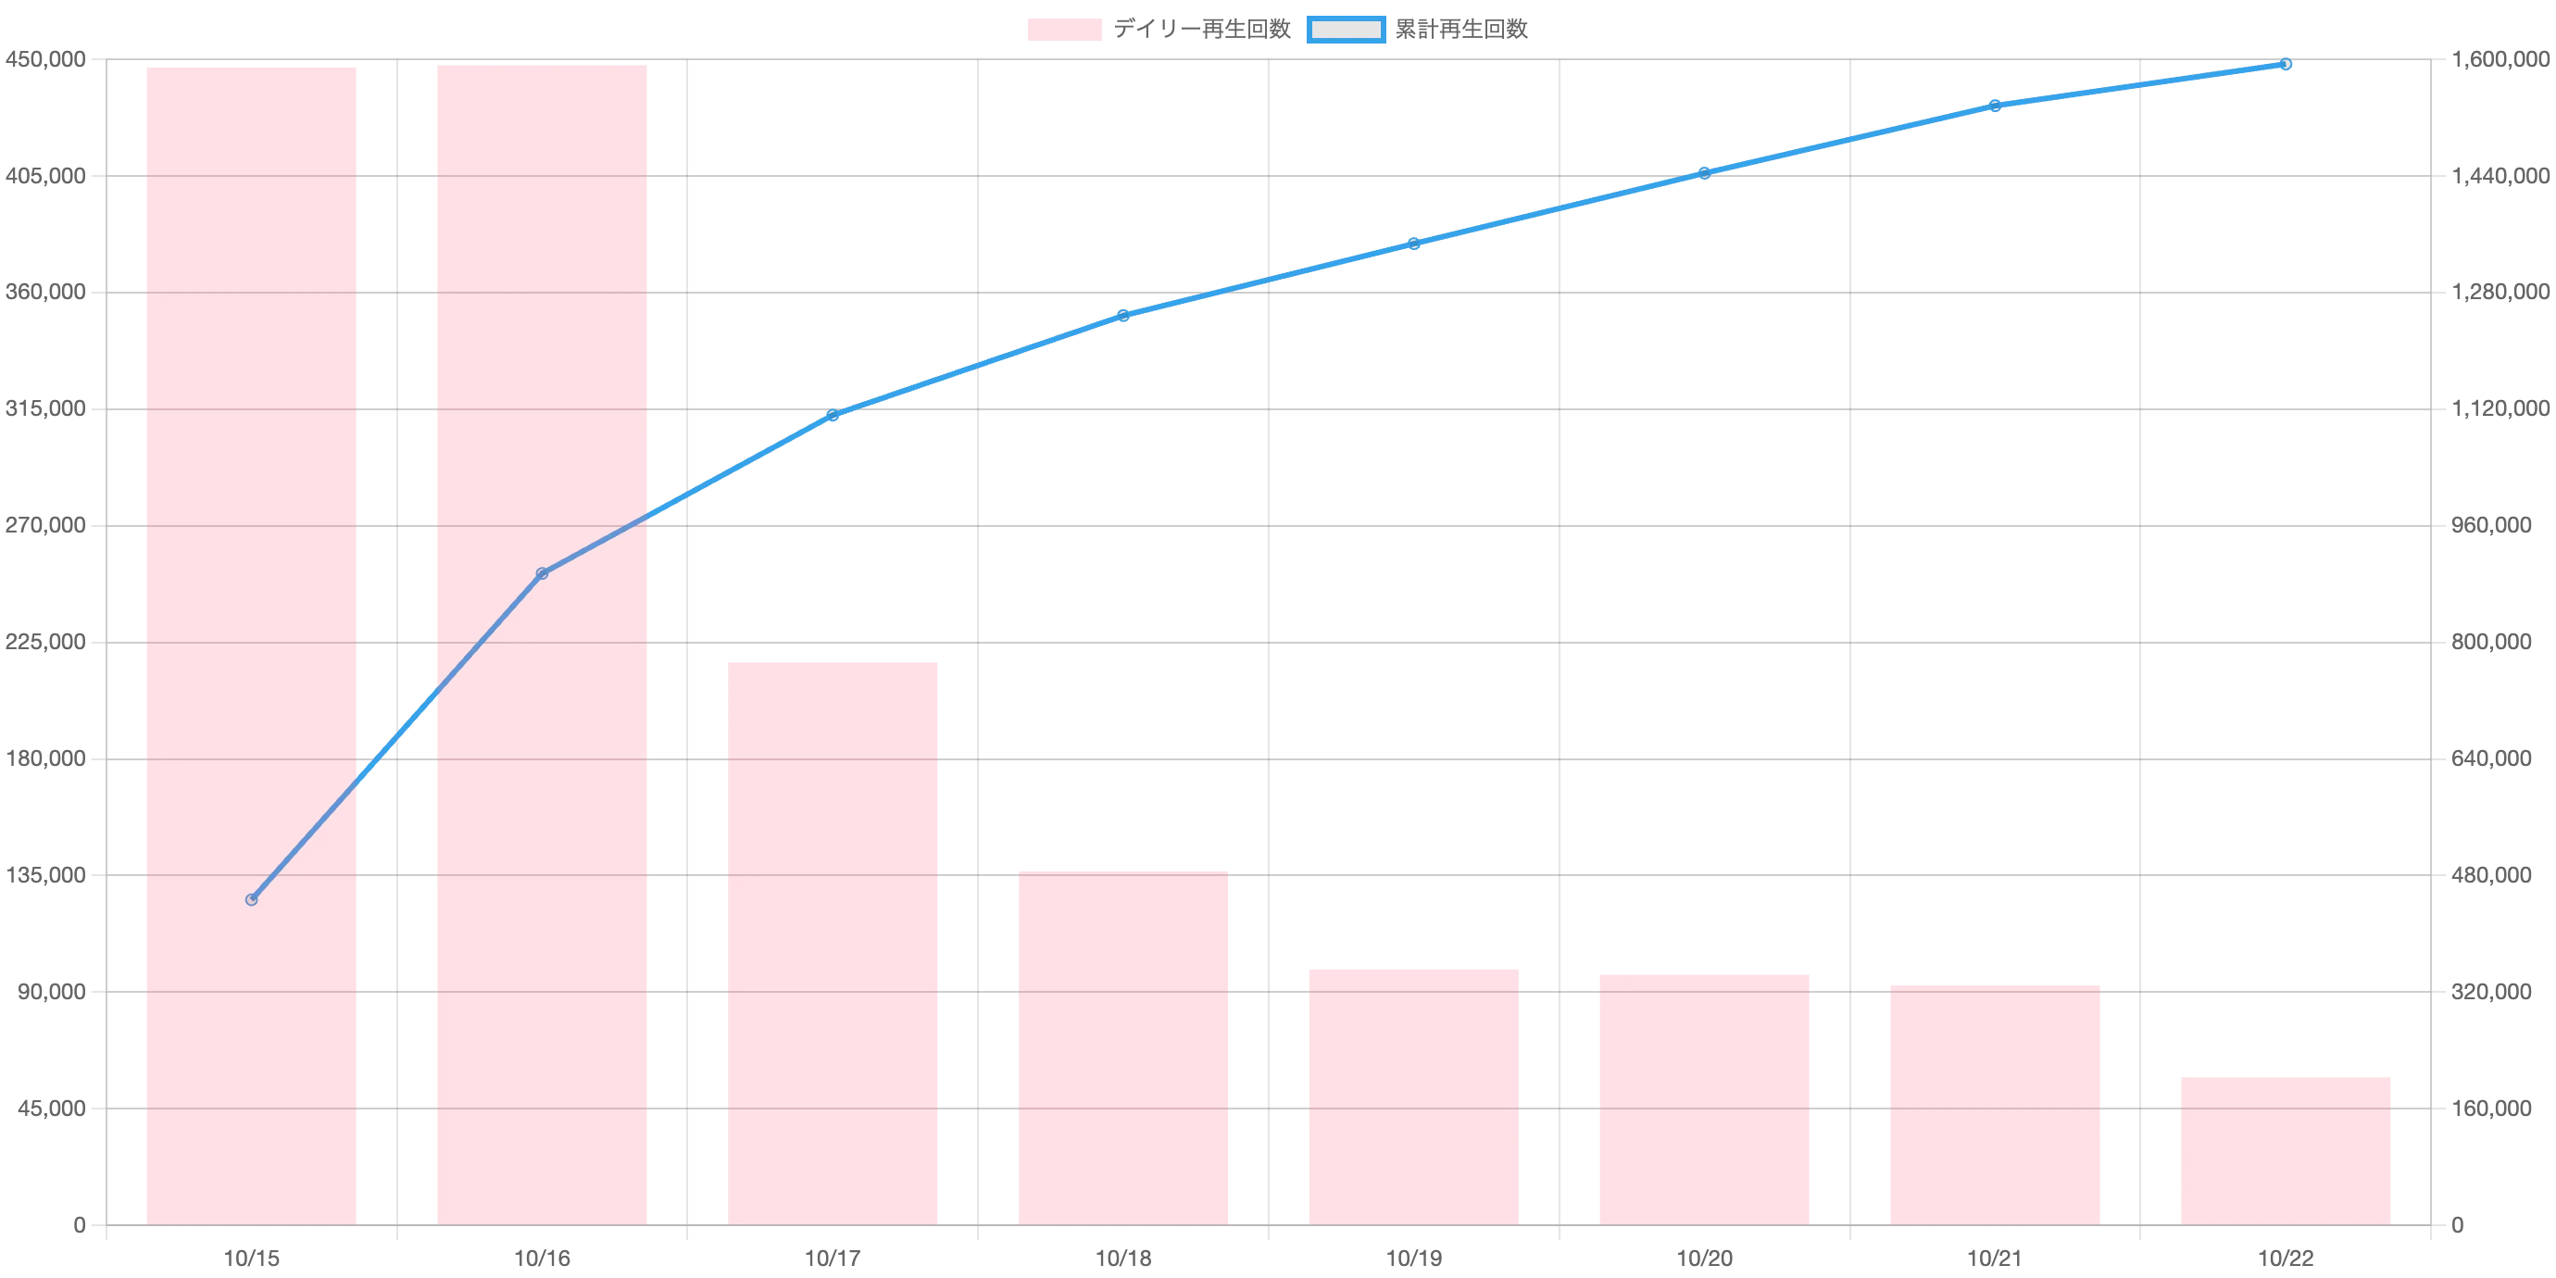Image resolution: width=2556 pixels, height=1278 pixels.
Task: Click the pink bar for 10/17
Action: (x=833, y=944)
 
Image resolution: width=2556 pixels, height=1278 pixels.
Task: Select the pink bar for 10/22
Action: (x=2286, y=1151)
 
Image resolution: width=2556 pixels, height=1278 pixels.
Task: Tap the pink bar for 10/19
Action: (x=1414, y=1097)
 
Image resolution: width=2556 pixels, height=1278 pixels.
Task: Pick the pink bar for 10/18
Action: (x=1123, y=1048)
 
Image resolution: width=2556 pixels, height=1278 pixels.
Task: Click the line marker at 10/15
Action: (x=251, y=900)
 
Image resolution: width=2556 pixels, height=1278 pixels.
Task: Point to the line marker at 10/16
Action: (x=542, y=573)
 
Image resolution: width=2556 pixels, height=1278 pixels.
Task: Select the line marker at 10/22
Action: (x=2286, y=65)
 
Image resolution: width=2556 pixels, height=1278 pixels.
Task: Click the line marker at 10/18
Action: (x=1123, y=316)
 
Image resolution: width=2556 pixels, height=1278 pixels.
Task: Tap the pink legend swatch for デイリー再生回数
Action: (x=1065, y=30)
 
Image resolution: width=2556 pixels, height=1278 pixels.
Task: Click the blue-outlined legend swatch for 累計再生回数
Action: (x=1346, y=30)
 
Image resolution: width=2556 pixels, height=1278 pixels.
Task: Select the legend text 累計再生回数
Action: (x=1461, y=30)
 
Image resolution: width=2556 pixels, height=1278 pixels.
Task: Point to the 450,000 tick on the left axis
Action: (x=45, y=59)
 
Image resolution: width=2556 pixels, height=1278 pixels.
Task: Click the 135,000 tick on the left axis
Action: (x=45, y=875)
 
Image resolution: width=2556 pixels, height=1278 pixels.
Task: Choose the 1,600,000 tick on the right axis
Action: (x=2500, y=59)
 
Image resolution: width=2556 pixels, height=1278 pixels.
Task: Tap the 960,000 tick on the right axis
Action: (x=2491, y=526)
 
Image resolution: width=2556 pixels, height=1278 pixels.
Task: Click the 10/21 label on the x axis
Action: (x=1995, y=1259)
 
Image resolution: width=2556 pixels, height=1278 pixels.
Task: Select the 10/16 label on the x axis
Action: (x=542, y=1259)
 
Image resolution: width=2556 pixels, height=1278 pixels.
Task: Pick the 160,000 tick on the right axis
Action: (x=2491, y=1109)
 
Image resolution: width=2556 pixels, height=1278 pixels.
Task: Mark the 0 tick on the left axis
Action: (x=80, y=1225)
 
